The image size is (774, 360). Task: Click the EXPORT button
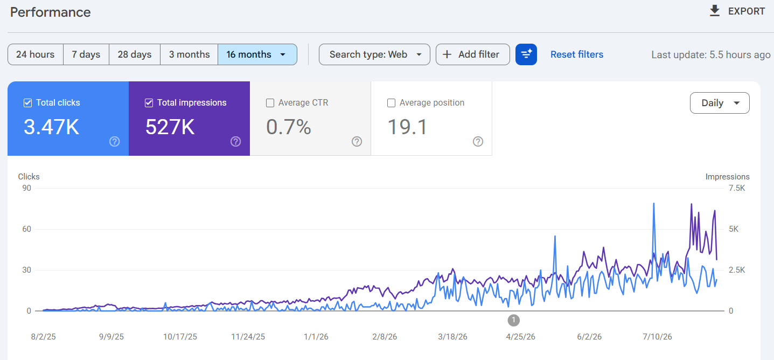pyautogui.click(x=737, y=11)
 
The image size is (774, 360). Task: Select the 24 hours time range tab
pyautogui.click(x=35, y=54)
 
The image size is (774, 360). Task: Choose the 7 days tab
pyautogui.click(x=86, y=54)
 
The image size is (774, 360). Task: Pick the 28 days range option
pyautogui.click(x=135, y=54)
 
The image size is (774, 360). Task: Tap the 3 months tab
pyautogui.click(x=189, y=54)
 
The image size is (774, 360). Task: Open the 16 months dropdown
pyautogui.click(x=257, y=54)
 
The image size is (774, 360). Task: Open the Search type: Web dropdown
pyautogui.click(x=374, y=54)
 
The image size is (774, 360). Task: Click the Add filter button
pyautogui.click(x=473, y=54)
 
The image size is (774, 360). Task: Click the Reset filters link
pyautogui.click(x=577, y=54)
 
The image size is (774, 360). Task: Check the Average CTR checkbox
pyautogui.click(x=270, y=103)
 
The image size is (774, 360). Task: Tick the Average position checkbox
pyautogui.click(x=391, y=103)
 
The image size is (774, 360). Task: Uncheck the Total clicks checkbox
pyautogui.click(x=27, y=103)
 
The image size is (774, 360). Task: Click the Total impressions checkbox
pyautogui.click(x=149, y=103)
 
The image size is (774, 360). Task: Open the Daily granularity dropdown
pyautogui.click(x=720, y=103)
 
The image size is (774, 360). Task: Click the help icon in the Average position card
pyautogui.click(x=478, y=141)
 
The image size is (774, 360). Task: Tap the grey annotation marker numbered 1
pyautogui.click(x=513, y=320)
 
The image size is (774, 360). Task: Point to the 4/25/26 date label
pyautogui.click(x=520, y=336)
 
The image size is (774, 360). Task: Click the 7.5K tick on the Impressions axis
pyautogui.click(x=737, y=188)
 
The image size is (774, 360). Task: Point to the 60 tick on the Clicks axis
pyautogui.click(x=26, y=229)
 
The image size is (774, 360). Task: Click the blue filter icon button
pyautogui.click(x=526, y=54)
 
